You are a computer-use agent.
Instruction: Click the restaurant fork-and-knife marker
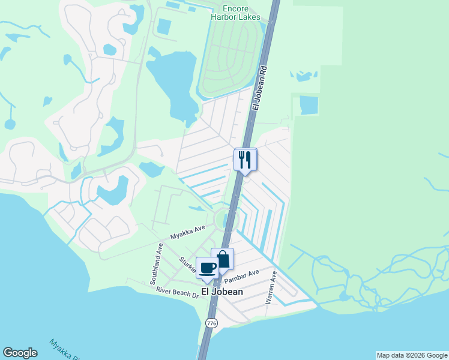pos(245,160)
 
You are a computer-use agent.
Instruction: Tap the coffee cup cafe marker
pos(208,268)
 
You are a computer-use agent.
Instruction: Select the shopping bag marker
pos(223,260)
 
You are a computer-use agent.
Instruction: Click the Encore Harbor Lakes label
pos(235,13)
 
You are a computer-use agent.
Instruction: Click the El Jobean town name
pos(222,292)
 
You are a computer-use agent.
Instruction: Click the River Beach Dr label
pos(176,293)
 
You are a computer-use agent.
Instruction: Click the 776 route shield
pos(211,323)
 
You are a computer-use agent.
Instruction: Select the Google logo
pos(20,353)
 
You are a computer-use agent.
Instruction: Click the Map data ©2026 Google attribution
pos(412,355)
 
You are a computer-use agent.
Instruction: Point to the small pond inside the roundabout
pos(226,220)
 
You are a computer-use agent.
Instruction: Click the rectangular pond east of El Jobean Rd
pos(310,105)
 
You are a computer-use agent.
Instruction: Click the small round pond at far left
pos(10,124)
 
